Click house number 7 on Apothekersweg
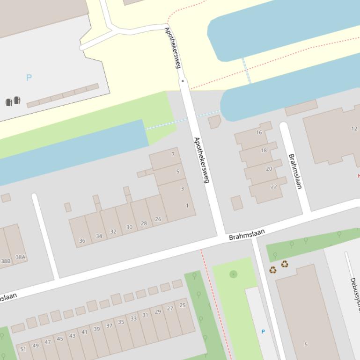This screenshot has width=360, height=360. [x=173, y=154]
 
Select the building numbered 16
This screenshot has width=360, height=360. [x=259, y=132]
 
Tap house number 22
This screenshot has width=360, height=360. [x=273, y=187]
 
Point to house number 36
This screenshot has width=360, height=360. [x=82, y=241]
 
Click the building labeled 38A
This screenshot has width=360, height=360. [x=20, y=257]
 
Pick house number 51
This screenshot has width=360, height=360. [x=23, y=349]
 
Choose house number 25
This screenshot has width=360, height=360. [x=183, y=305]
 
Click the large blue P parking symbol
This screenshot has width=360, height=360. [x=29, y=78]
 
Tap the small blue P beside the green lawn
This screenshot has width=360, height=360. [x=263, y=331]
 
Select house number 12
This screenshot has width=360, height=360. [x=354, y=129]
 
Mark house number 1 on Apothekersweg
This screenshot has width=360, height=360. [x=187, y=206]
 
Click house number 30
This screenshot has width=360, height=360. [x=129, y=227]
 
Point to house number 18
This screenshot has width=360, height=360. [x=264, y=151]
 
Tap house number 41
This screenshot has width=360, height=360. [x=84, y=332]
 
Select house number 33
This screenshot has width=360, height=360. [x=133, y=318]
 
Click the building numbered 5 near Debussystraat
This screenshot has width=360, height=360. [x=306, y=345]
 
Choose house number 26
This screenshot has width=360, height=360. [x=158, y=219]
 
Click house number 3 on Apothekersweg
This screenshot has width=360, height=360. [x=182, y=189]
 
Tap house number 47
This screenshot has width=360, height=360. [x=48, y=342]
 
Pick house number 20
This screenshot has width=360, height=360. [x=269, y=169]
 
